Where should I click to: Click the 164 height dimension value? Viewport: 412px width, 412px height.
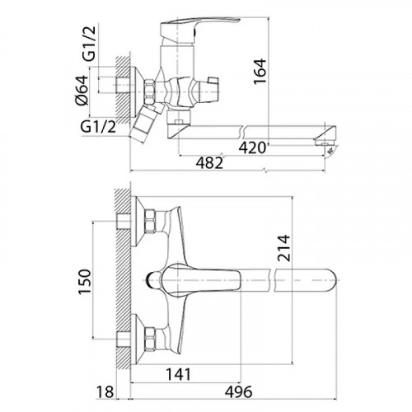click(x=260, y=71)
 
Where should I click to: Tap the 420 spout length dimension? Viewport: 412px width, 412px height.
click(x=252, y=148)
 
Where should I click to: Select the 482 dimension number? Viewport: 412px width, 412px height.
click(x=209, y=163)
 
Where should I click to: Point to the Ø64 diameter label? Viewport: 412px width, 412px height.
click(x=82, y=90)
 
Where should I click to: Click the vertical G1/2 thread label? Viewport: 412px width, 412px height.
click(x=90, y=43)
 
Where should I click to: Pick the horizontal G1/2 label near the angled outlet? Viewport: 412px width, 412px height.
click(x=98, y=127)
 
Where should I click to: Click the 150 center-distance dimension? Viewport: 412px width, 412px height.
click(x=84, y=282)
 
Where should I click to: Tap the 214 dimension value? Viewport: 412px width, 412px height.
click(x=283, y=248)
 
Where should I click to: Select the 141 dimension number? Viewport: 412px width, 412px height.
click(x=178, y=374)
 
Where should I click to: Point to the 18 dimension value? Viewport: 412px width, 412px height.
click(x=105, y=391)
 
